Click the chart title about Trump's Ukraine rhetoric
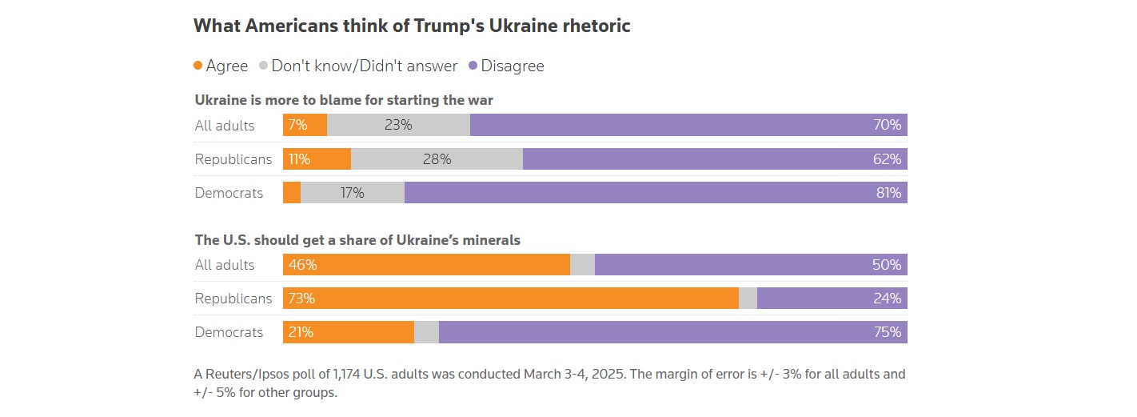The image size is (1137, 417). (x=412, y=26)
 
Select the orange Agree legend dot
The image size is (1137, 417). (x=198, y=66)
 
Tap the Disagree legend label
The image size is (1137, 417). (x=513, y=66)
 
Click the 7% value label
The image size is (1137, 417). (x=298, y=125)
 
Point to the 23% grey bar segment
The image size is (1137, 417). (x=398, y=125)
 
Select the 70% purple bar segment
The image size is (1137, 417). (x=688, y=125)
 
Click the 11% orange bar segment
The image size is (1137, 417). (x=317, y=159)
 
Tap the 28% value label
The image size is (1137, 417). (x=437, y=159)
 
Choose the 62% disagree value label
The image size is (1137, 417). (x=888, y=159)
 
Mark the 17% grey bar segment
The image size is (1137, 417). (x=353, y=193)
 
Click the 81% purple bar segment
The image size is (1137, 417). (x=656, y=193)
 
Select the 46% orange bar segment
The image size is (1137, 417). (x=426, y=265)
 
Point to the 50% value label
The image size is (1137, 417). (x=887, y=265)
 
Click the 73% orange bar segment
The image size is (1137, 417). (x=510, y=299)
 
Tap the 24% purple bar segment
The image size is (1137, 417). (x=832, y=299)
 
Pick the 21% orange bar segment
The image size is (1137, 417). (x=349, y=332)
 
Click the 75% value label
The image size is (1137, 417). (x=888, y=332)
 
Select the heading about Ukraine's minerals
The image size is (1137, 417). (x=357, y=239)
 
